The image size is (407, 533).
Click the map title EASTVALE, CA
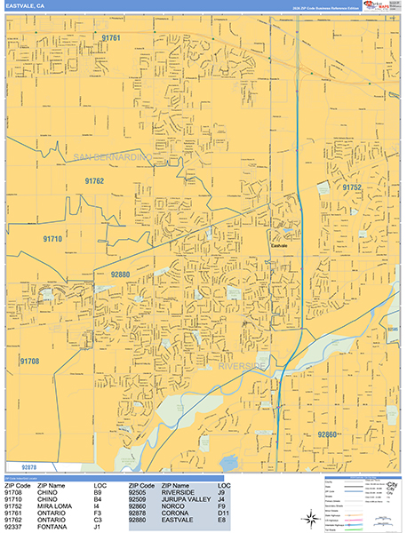[28, 6]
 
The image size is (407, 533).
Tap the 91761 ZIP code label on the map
[111, 39]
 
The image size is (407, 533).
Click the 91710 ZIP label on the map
[52, 239]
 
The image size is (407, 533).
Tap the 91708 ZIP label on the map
[29, 361]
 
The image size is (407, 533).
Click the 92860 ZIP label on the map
[330, 434]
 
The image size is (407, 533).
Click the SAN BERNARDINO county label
[113, 157]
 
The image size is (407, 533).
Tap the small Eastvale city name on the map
[281, 236]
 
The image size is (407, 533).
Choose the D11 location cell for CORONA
[223, 513]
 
